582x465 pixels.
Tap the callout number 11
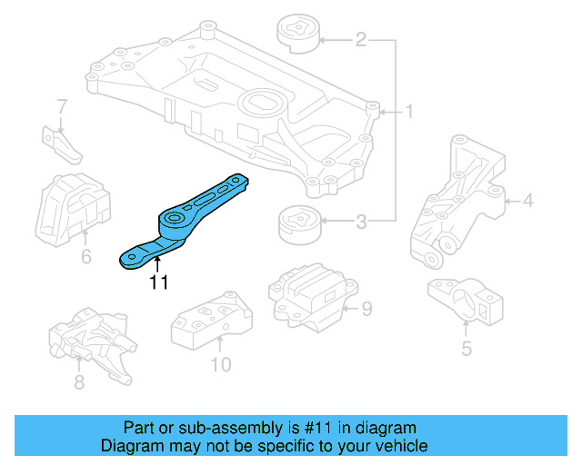click(x=159, y=282)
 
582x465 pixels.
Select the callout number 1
click(x=409, y=113)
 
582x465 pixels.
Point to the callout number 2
click(x=361, y=40)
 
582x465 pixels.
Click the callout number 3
click(x=361, y=221)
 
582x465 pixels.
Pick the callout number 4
click(x=528, y=200)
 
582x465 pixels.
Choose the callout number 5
click(x=466, y=348)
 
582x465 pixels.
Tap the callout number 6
click(x=85, y=257)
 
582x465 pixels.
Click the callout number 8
click(x=79, y=382)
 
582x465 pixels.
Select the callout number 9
click(x=366, y=310)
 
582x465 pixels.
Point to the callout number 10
click(x=221, y=365)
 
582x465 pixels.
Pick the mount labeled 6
click(x=70, y=208)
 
